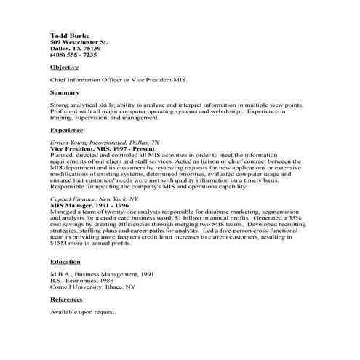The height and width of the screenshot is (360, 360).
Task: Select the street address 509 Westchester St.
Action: [78, 41]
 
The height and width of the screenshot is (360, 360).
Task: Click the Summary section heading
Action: [64, 93]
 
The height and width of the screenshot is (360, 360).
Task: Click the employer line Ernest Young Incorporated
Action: [105, 143]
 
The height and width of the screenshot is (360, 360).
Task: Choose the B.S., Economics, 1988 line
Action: [80, 281]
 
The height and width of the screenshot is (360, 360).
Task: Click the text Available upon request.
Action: [82, 313]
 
